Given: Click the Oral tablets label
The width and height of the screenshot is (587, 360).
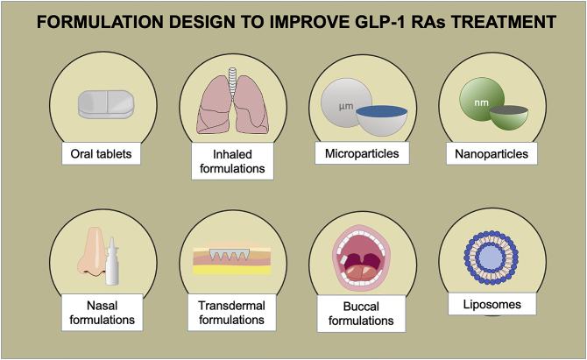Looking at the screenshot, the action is click(101, 153).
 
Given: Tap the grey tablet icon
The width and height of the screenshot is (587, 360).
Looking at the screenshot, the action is click(106, 104).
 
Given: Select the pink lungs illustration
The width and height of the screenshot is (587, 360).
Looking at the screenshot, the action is click(232, 105).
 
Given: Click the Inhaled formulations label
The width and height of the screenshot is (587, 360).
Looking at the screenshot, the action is click(232, 161).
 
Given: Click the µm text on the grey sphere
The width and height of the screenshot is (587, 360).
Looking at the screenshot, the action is click(346, 106).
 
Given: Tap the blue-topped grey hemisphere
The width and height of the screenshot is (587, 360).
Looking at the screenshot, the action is click(381, 121).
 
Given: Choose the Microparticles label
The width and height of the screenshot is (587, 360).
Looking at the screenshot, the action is click(362, 153).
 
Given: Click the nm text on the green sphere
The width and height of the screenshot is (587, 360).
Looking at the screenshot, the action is click(482, 102).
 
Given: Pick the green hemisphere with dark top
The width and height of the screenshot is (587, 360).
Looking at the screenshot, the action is click(509, 117).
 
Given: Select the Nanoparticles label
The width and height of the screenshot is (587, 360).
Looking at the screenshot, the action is click(492, 153).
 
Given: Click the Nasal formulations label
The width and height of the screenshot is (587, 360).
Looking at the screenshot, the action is click(103, 313).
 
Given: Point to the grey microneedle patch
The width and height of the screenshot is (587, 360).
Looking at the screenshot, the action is click(230, 255).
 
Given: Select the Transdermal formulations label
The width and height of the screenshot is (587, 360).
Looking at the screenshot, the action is click(231, 313).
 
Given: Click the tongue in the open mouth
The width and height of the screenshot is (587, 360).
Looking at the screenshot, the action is click(361, 272).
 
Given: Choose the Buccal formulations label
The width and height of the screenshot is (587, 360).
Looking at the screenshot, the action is click(361, 314).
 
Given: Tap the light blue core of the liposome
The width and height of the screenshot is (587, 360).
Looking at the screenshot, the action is click(492, 258).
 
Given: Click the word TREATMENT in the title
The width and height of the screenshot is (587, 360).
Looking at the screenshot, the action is click(504, 22).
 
